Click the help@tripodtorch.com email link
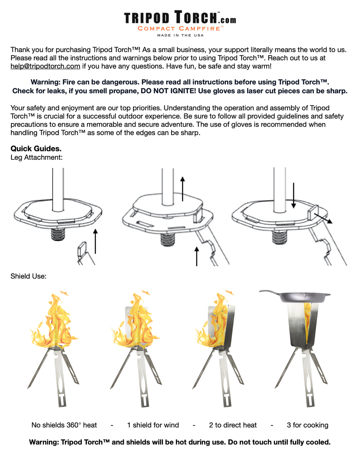point(45,66)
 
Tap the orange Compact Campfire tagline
point(180,29)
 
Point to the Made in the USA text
point(180,35)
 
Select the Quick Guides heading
point(36,149)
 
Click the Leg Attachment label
point(36,157)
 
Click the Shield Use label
point(28,276)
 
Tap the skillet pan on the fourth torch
point(296,296)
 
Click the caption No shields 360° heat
point(64,425)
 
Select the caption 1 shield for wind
point(153,425)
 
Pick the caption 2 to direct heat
point(233,425)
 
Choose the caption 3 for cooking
point(307,425)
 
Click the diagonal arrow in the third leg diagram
point(323,218)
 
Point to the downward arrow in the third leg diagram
point(294,195)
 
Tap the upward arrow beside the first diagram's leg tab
point(95,241)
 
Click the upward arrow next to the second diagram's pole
point(183,189)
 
